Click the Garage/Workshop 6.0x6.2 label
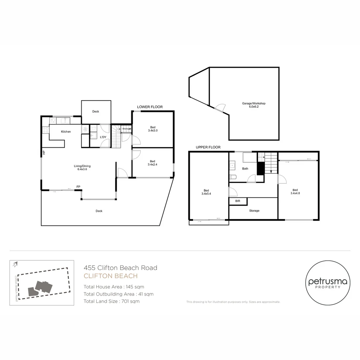click(254, 105)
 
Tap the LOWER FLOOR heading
click(150, 107)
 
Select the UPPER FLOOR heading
click(208, 147)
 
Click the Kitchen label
click(66, 132)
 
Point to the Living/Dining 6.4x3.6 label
click(82, 168)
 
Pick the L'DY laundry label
click(103, 137)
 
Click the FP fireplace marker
click(78, 187)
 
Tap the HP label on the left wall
click(44, 152)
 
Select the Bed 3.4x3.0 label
click(153, 129)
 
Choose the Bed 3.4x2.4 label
click(152, 163)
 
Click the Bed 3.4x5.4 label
click(206, 192)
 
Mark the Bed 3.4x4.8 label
click(295, 191)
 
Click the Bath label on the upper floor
click(245, 169)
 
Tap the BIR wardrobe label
click(238, 201)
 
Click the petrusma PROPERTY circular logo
click(328, 283)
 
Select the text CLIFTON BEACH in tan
click(111, 276)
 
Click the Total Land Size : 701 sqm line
click(112, 301)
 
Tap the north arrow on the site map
click(15, 264)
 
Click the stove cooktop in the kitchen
click(45, 130)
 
